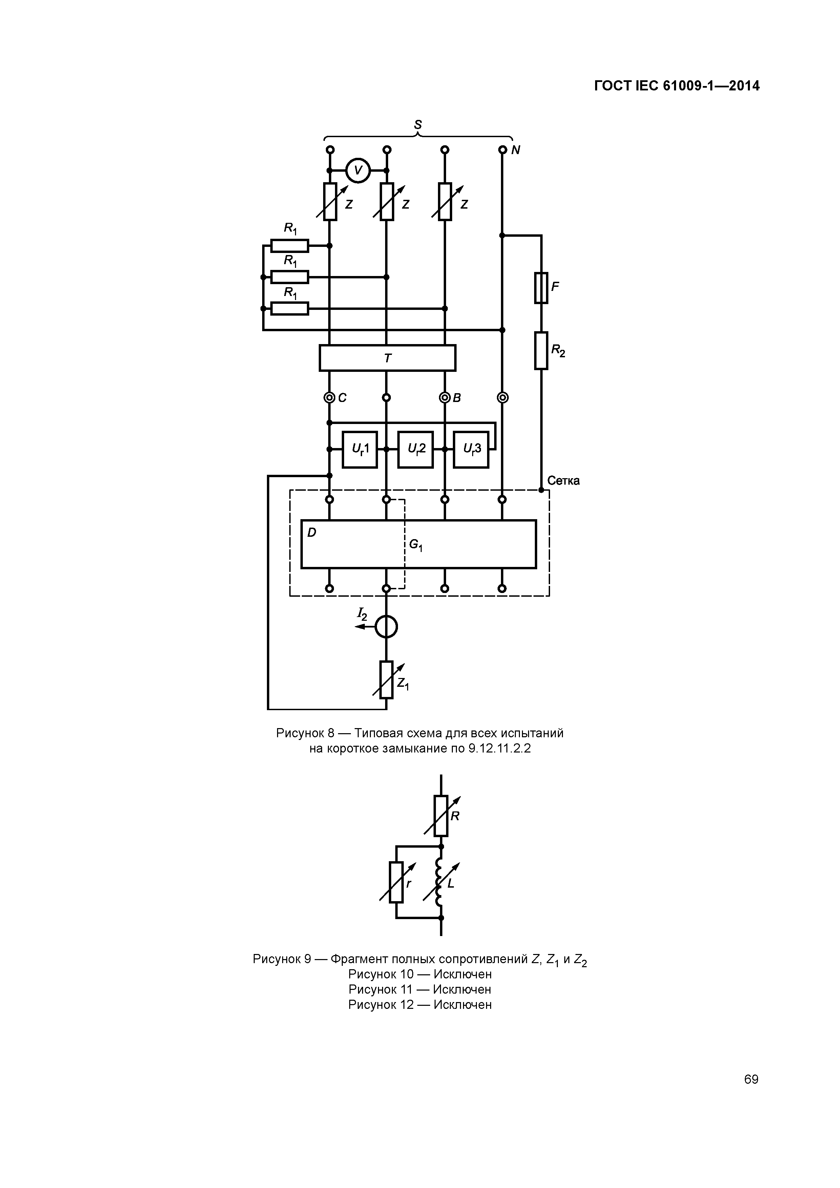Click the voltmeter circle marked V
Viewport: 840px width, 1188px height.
click(x=358, y=170)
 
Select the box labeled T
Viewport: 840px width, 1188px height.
click(x=387, y=358)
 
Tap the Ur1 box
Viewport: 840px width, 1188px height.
click(x=360, y=449)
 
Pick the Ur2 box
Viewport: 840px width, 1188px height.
click(x=415, y=449)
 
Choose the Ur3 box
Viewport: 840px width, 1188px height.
click(x=471, y=449)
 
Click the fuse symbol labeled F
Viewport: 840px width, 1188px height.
click(x=541, y=288)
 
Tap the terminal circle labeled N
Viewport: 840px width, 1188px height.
click(x=502, y=150)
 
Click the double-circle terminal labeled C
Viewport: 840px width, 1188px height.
click(x=329, y=397)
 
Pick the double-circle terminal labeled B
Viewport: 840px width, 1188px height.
click(x=444, y=397)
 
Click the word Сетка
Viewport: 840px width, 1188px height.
click(x=563, y=481)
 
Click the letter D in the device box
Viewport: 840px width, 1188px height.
click(x=312, y=532)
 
